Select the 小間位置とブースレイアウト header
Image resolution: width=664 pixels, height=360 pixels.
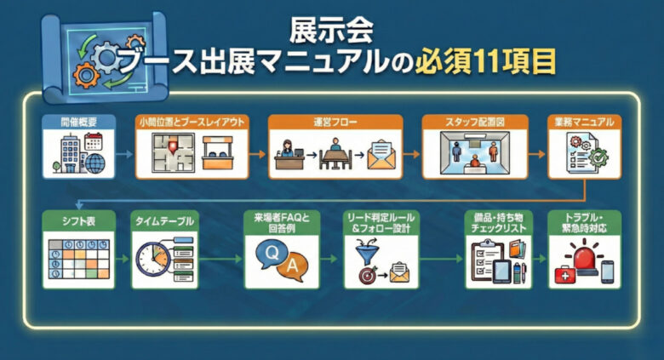tap(191, 122)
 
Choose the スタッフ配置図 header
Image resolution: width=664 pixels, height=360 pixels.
tap(475, 122)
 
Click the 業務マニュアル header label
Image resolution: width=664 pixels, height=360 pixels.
tap(584, 122)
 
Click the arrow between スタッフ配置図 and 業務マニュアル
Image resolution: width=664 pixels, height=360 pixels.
tap(534, 156)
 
